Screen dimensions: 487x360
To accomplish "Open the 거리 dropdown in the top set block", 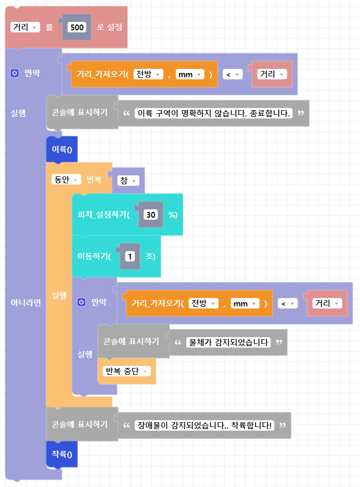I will [25, 28].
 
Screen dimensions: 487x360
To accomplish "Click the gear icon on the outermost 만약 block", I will [15, 74].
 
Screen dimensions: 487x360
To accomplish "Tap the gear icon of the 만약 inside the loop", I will [81, 302].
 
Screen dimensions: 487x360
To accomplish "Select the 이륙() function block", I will [62, 150].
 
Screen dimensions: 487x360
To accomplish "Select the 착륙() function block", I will [62, 455].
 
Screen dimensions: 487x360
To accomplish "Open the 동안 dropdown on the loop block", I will [66, 180].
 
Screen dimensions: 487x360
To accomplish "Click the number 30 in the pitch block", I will [151, 215].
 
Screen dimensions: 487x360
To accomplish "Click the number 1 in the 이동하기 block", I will [130, 256].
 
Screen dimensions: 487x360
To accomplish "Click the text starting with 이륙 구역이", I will [214, 113].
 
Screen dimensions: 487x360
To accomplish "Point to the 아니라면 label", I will [26, 303].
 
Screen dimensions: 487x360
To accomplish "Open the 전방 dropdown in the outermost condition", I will [149, 75].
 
